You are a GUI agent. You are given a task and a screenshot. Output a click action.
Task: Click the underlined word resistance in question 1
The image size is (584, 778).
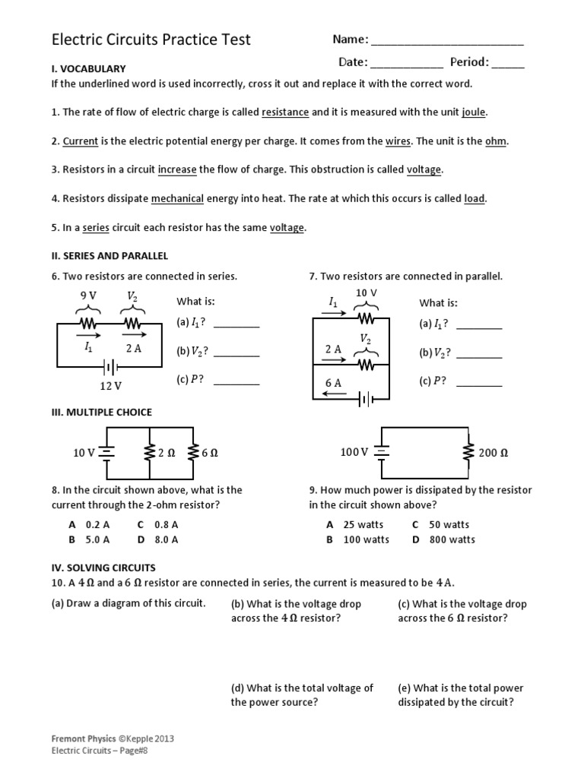(285, 112)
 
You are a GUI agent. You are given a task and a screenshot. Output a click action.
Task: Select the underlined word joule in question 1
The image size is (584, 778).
(473, 112)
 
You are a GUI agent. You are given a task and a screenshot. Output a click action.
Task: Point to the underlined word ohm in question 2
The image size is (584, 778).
(496, 141)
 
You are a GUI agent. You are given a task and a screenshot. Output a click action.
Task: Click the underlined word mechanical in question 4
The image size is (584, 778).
(177, 199)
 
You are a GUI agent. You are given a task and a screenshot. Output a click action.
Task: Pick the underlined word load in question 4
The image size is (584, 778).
(474, 199)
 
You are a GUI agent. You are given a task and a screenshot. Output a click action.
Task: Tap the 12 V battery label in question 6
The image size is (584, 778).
(111, 386)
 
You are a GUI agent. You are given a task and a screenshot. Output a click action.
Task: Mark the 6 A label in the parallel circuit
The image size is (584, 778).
(333, 384)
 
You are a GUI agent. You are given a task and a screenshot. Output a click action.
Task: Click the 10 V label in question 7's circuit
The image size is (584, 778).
(367, 293)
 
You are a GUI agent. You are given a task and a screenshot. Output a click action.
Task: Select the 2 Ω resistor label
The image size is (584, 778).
(166, 453)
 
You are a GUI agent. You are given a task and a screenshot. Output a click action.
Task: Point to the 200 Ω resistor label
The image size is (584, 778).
(494, 453)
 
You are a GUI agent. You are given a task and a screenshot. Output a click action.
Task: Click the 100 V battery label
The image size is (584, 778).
(354, 452)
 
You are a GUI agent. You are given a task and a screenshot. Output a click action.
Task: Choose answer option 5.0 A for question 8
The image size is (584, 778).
(98, 539)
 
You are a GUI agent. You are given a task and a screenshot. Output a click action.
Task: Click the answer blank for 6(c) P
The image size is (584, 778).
(236, 384)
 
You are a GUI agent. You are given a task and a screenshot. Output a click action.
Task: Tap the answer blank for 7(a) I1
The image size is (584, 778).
(479, 327)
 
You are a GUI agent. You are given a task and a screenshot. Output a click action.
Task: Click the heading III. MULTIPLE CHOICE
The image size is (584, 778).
(101, 413)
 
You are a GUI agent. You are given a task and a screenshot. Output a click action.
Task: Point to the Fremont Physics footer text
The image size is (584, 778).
(84, 738)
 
